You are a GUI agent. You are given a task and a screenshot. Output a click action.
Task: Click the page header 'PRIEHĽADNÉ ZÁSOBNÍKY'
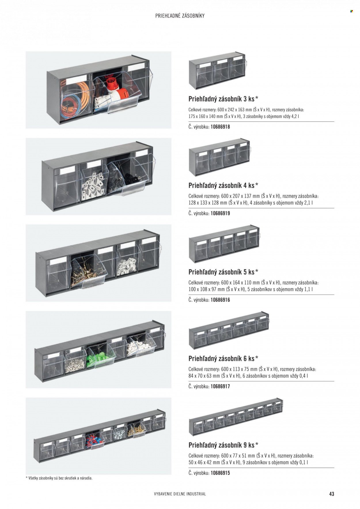180,16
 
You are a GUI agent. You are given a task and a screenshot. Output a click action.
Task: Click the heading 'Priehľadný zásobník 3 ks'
221,99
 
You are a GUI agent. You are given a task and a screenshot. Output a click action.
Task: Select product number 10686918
220,127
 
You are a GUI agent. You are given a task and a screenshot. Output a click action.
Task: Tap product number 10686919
220,213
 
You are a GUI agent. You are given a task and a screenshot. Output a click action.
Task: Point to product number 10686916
220,300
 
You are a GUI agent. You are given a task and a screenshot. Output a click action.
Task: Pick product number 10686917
220,386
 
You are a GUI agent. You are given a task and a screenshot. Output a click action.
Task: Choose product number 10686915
220,473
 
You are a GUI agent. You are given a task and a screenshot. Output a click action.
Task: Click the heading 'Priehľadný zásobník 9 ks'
221,445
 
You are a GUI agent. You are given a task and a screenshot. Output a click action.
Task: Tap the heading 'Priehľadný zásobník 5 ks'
221,272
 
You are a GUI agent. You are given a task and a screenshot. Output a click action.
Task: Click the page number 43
331,494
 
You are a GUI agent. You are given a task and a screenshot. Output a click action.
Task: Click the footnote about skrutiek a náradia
59,478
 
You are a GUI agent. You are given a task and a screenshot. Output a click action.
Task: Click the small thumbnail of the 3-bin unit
217,70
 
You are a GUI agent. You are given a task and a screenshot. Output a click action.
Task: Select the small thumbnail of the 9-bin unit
236,417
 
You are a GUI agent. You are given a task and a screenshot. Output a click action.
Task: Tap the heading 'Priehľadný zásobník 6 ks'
221,358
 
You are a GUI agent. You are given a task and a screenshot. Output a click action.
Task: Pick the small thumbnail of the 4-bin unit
219,157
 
